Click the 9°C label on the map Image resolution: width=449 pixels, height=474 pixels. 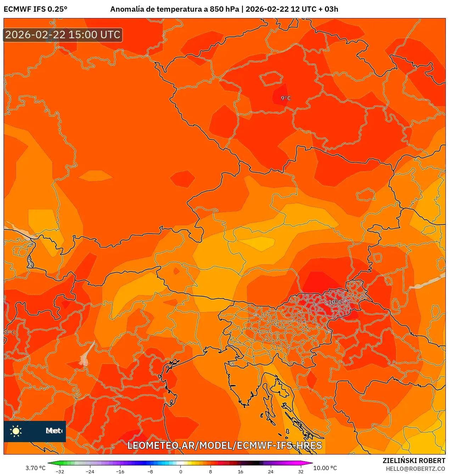(286, 98)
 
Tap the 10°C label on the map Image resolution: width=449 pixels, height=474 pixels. (335, 302)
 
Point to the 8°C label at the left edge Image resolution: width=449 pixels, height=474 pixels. (10, 333)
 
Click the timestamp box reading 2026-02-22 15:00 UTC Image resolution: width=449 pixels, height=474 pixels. (63, 35)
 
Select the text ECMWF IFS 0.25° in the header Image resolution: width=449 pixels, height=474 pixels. (35, 9)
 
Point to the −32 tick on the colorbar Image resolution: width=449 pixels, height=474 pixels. (60, 471)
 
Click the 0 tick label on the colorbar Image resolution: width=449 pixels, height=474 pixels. (180, 471)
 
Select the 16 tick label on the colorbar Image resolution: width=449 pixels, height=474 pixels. (240, 471)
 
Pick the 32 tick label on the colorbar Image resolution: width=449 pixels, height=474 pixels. (301, 471)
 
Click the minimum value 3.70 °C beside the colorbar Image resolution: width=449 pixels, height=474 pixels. (35, 468)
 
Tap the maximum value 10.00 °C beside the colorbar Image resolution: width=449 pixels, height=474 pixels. (325, 468)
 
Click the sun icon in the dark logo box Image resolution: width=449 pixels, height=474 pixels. (16, 431)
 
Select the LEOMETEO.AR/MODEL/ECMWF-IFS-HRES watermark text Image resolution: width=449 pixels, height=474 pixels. (224, 445)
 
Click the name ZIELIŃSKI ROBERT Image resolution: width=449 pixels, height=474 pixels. (414, 461)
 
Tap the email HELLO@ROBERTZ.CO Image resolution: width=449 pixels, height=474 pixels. (415, 469)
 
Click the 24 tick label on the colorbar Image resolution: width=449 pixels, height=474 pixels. (270, 471)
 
